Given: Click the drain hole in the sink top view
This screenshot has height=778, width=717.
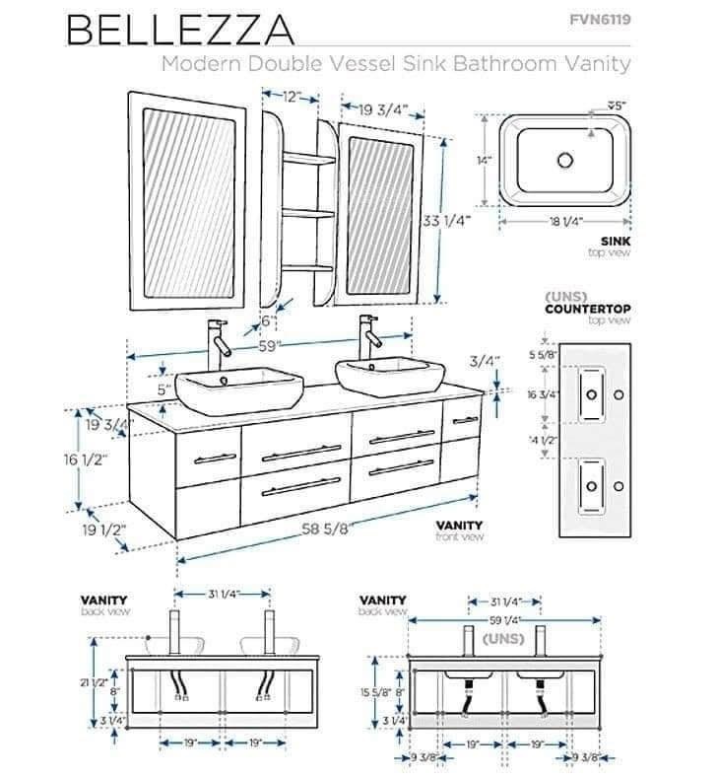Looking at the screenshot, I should [x=565, y=160].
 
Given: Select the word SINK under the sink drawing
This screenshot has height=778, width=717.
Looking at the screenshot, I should [x=615, y=241].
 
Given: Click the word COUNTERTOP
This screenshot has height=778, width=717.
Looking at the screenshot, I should [x=588, y=309].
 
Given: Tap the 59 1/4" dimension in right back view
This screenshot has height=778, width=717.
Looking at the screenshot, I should [x=504, y=620].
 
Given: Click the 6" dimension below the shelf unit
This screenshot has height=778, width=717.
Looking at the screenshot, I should [x=267, y=321].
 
